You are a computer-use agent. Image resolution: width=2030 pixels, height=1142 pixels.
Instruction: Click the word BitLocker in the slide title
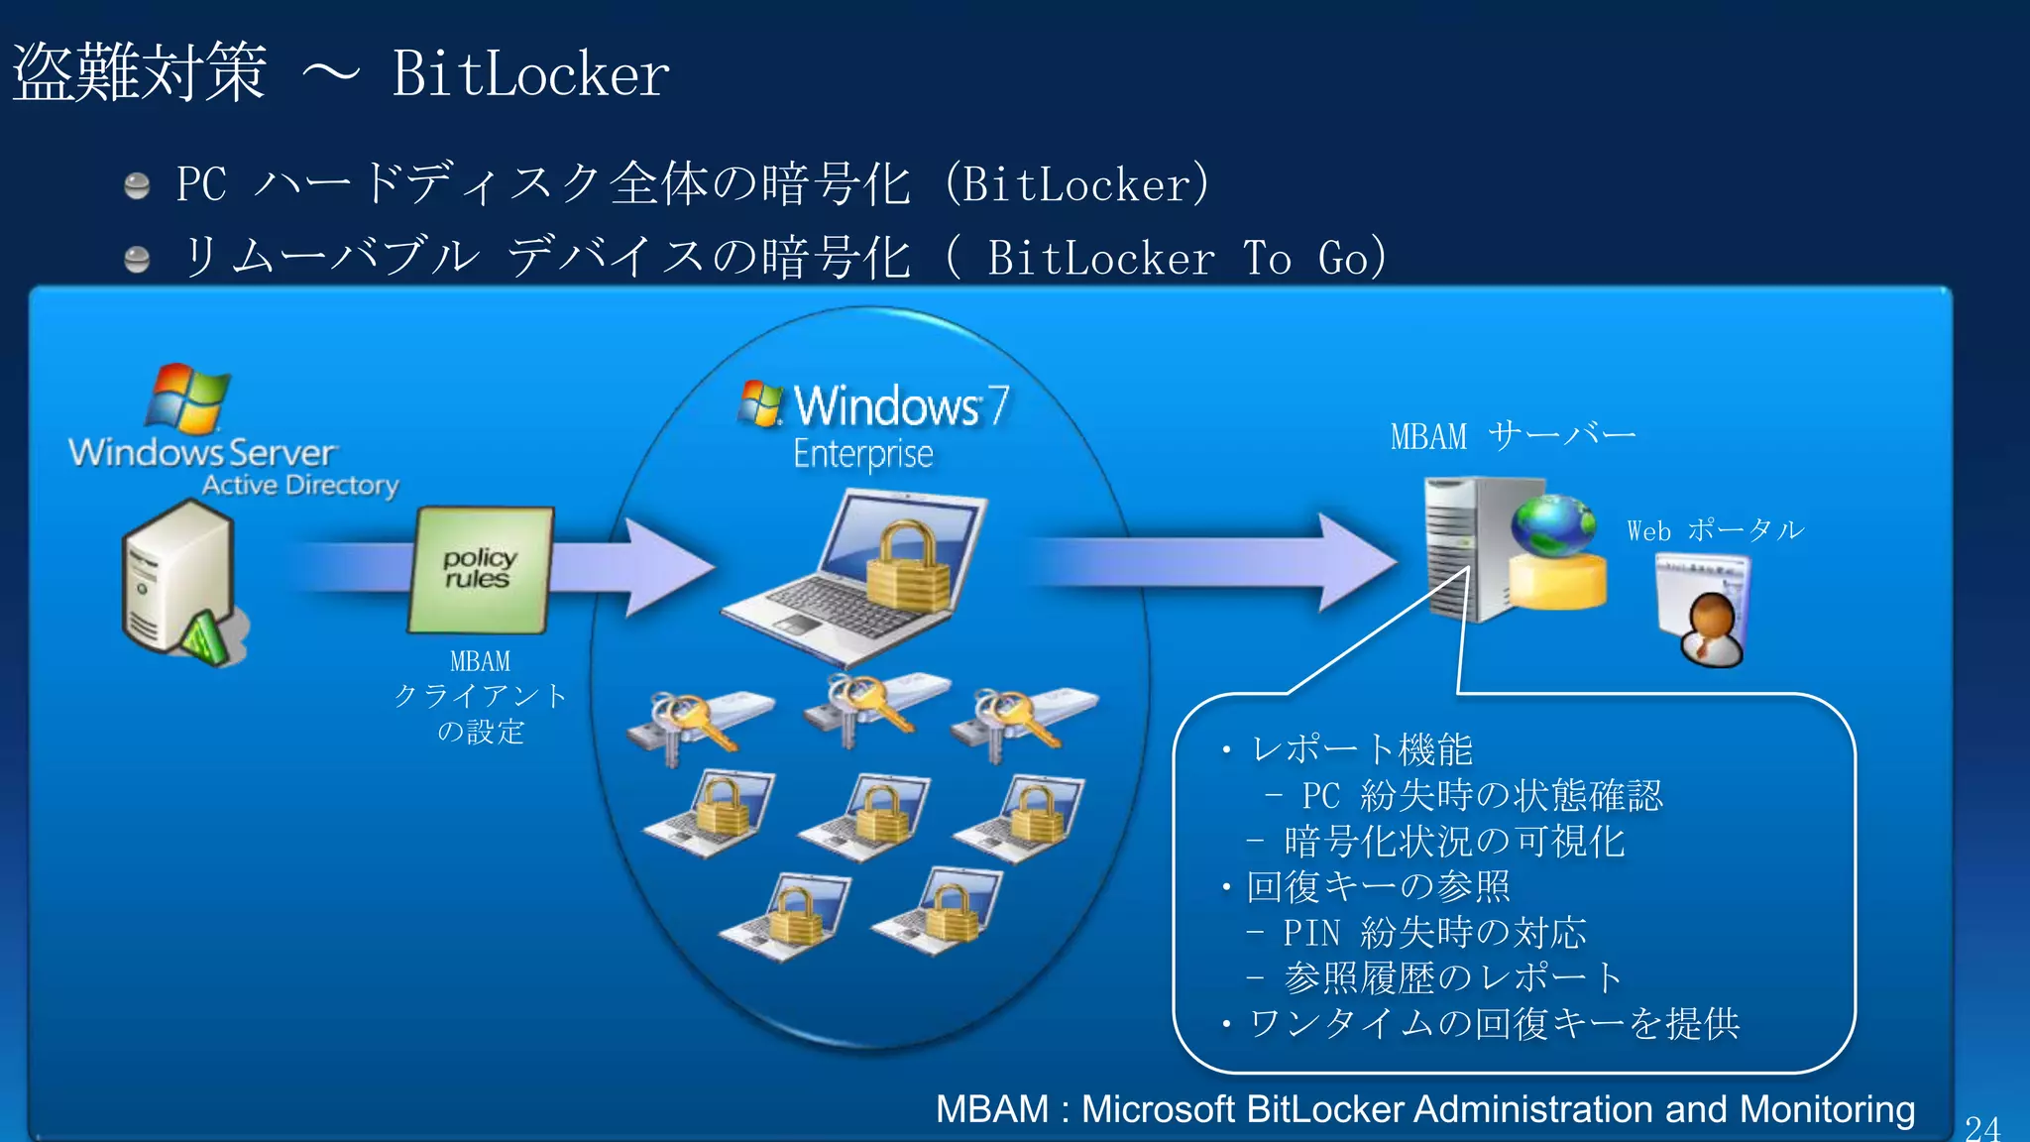[x=530, y=75]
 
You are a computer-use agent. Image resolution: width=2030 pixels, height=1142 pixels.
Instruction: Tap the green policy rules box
[x=481, y=569]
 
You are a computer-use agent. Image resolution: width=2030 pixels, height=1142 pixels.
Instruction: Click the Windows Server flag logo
[x=188, y=399]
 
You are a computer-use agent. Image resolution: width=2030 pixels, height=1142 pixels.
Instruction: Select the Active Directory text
[x=300, y=486]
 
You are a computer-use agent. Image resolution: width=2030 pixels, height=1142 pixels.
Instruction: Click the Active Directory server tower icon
[x=178, y=580]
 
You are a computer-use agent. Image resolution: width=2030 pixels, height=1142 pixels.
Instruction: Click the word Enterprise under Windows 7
[x=862, y=454]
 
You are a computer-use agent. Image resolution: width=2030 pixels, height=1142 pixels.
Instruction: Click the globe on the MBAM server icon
[x=1552, y=524]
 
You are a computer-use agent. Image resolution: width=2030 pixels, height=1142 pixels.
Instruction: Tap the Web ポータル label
[x=1715, y=530]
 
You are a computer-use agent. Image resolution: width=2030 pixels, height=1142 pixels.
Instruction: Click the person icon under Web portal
[x=1710, y=629]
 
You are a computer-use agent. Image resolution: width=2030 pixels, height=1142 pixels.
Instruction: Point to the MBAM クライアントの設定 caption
[x=481, y=696]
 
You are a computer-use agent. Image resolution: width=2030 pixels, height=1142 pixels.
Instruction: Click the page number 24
[x=1982, y=1127]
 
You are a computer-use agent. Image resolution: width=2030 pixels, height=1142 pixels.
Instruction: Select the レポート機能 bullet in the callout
[x=1361, y=749]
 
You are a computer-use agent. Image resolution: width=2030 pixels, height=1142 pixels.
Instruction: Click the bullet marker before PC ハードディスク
[x=137, y=185]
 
